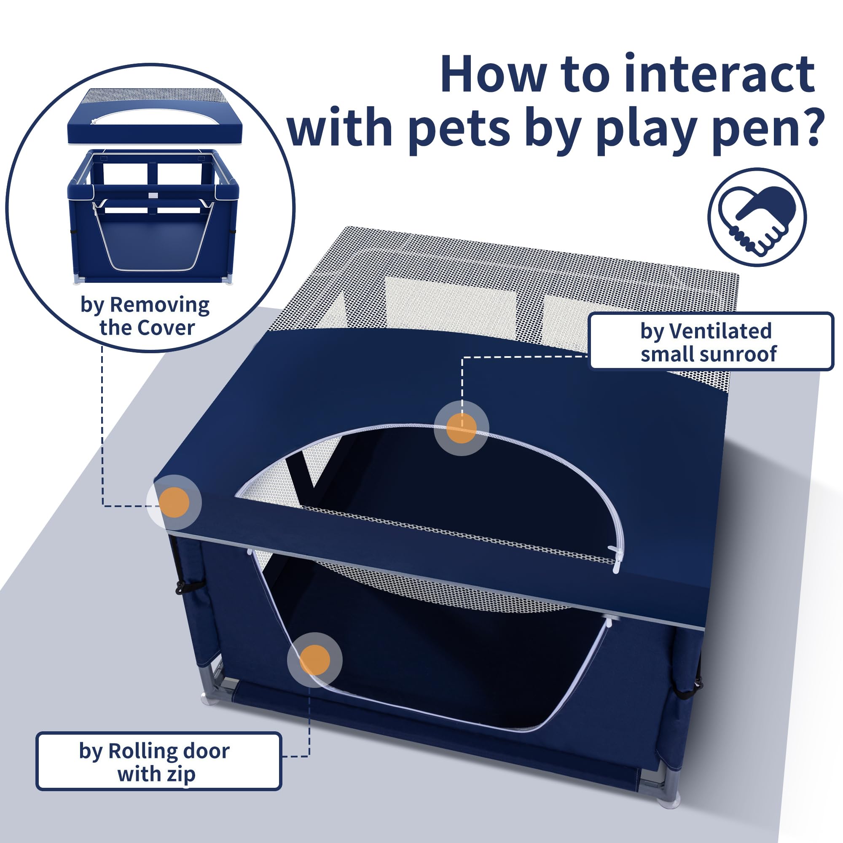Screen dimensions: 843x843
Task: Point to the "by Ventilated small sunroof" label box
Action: [x=711, y=342]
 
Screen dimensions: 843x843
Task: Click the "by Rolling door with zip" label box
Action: [x=158, y=762]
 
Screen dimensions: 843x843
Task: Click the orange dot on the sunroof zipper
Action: [x=461, y=428]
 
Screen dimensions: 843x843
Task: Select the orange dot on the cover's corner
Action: [x=174, y=502]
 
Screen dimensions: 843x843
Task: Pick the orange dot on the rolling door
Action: [x=314, y=660]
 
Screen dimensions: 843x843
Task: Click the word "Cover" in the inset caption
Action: [x=171, y=328]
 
